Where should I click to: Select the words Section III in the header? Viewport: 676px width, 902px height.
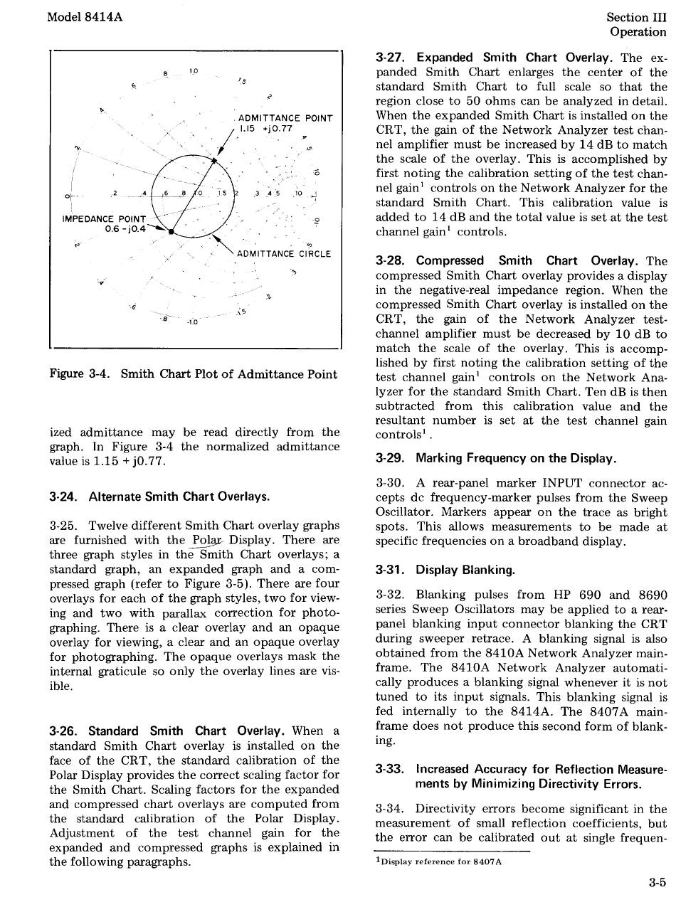[x=636, y=17]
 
